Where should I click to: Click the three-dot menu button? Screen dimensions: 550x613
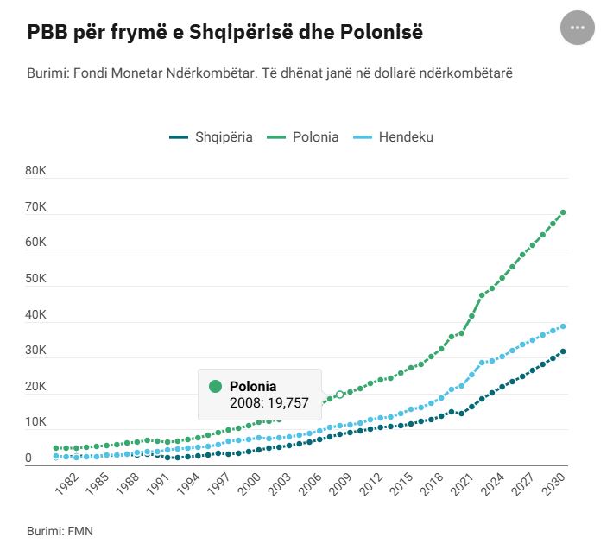578,28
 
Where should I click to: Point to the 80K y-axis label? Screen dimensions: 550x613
36,171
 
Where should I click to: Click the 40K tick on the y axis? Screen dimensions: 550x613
36,314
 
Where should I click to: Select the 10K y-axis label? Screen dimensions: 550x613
36,422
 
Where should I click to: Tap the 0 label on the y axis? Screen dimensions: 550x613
28,458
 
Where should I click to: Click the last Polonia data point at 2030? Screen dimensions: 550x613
563,212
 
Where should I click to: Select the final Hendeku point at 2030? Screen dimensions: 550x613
563,326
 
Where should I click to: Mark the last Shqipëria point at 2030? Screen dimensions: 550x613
563,351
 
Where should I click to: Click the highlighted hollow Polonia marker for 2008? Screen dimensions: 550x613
340,395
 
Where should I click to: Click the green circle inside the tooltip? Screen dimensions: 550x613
216,386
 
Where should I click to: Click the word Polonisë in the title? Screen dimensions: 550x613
383,33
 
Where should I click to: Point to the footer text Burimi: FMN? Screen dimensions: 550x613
60,531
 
